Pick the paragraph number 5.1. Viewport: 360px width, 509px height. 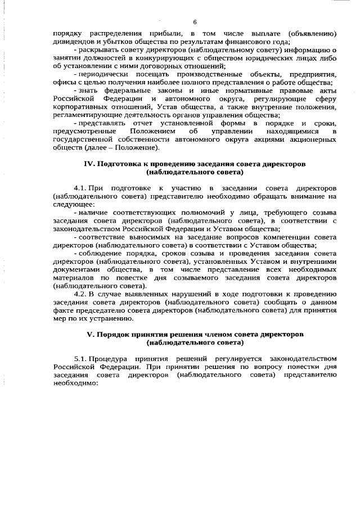click(81, 358)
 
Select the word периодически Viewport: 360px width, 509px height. click(105, 74)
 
